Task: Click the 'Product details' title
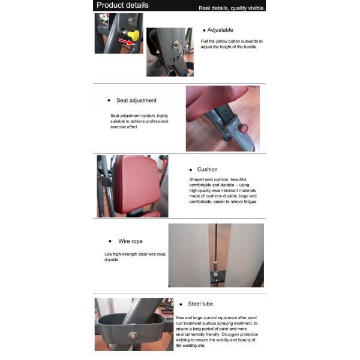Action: coord(122,5)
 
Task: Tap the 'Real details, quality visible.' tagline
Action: coord(232,8)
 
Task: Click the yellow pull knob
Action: coord(133,35)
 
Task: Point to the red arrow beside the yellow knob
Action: coord(127,42)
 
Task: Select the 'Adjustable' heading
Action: coord(220,30)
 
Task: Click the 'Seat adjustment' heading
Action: coord(136,100)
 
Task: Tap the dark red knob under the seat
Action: coord(243,128)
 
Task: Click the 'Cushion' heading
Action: coord(208,169)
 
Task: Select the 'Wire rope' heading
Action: coord(130,241)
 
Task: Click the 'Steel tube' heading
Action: coord(200,304)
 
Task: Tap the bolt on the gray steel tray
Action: coord(133,335)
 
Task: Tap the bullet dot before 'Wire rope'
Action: coord(110,241)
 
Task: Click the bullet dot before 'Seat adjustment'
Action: coord(109,100)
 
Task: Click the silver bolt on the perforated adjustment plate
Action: coord(176,44)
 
